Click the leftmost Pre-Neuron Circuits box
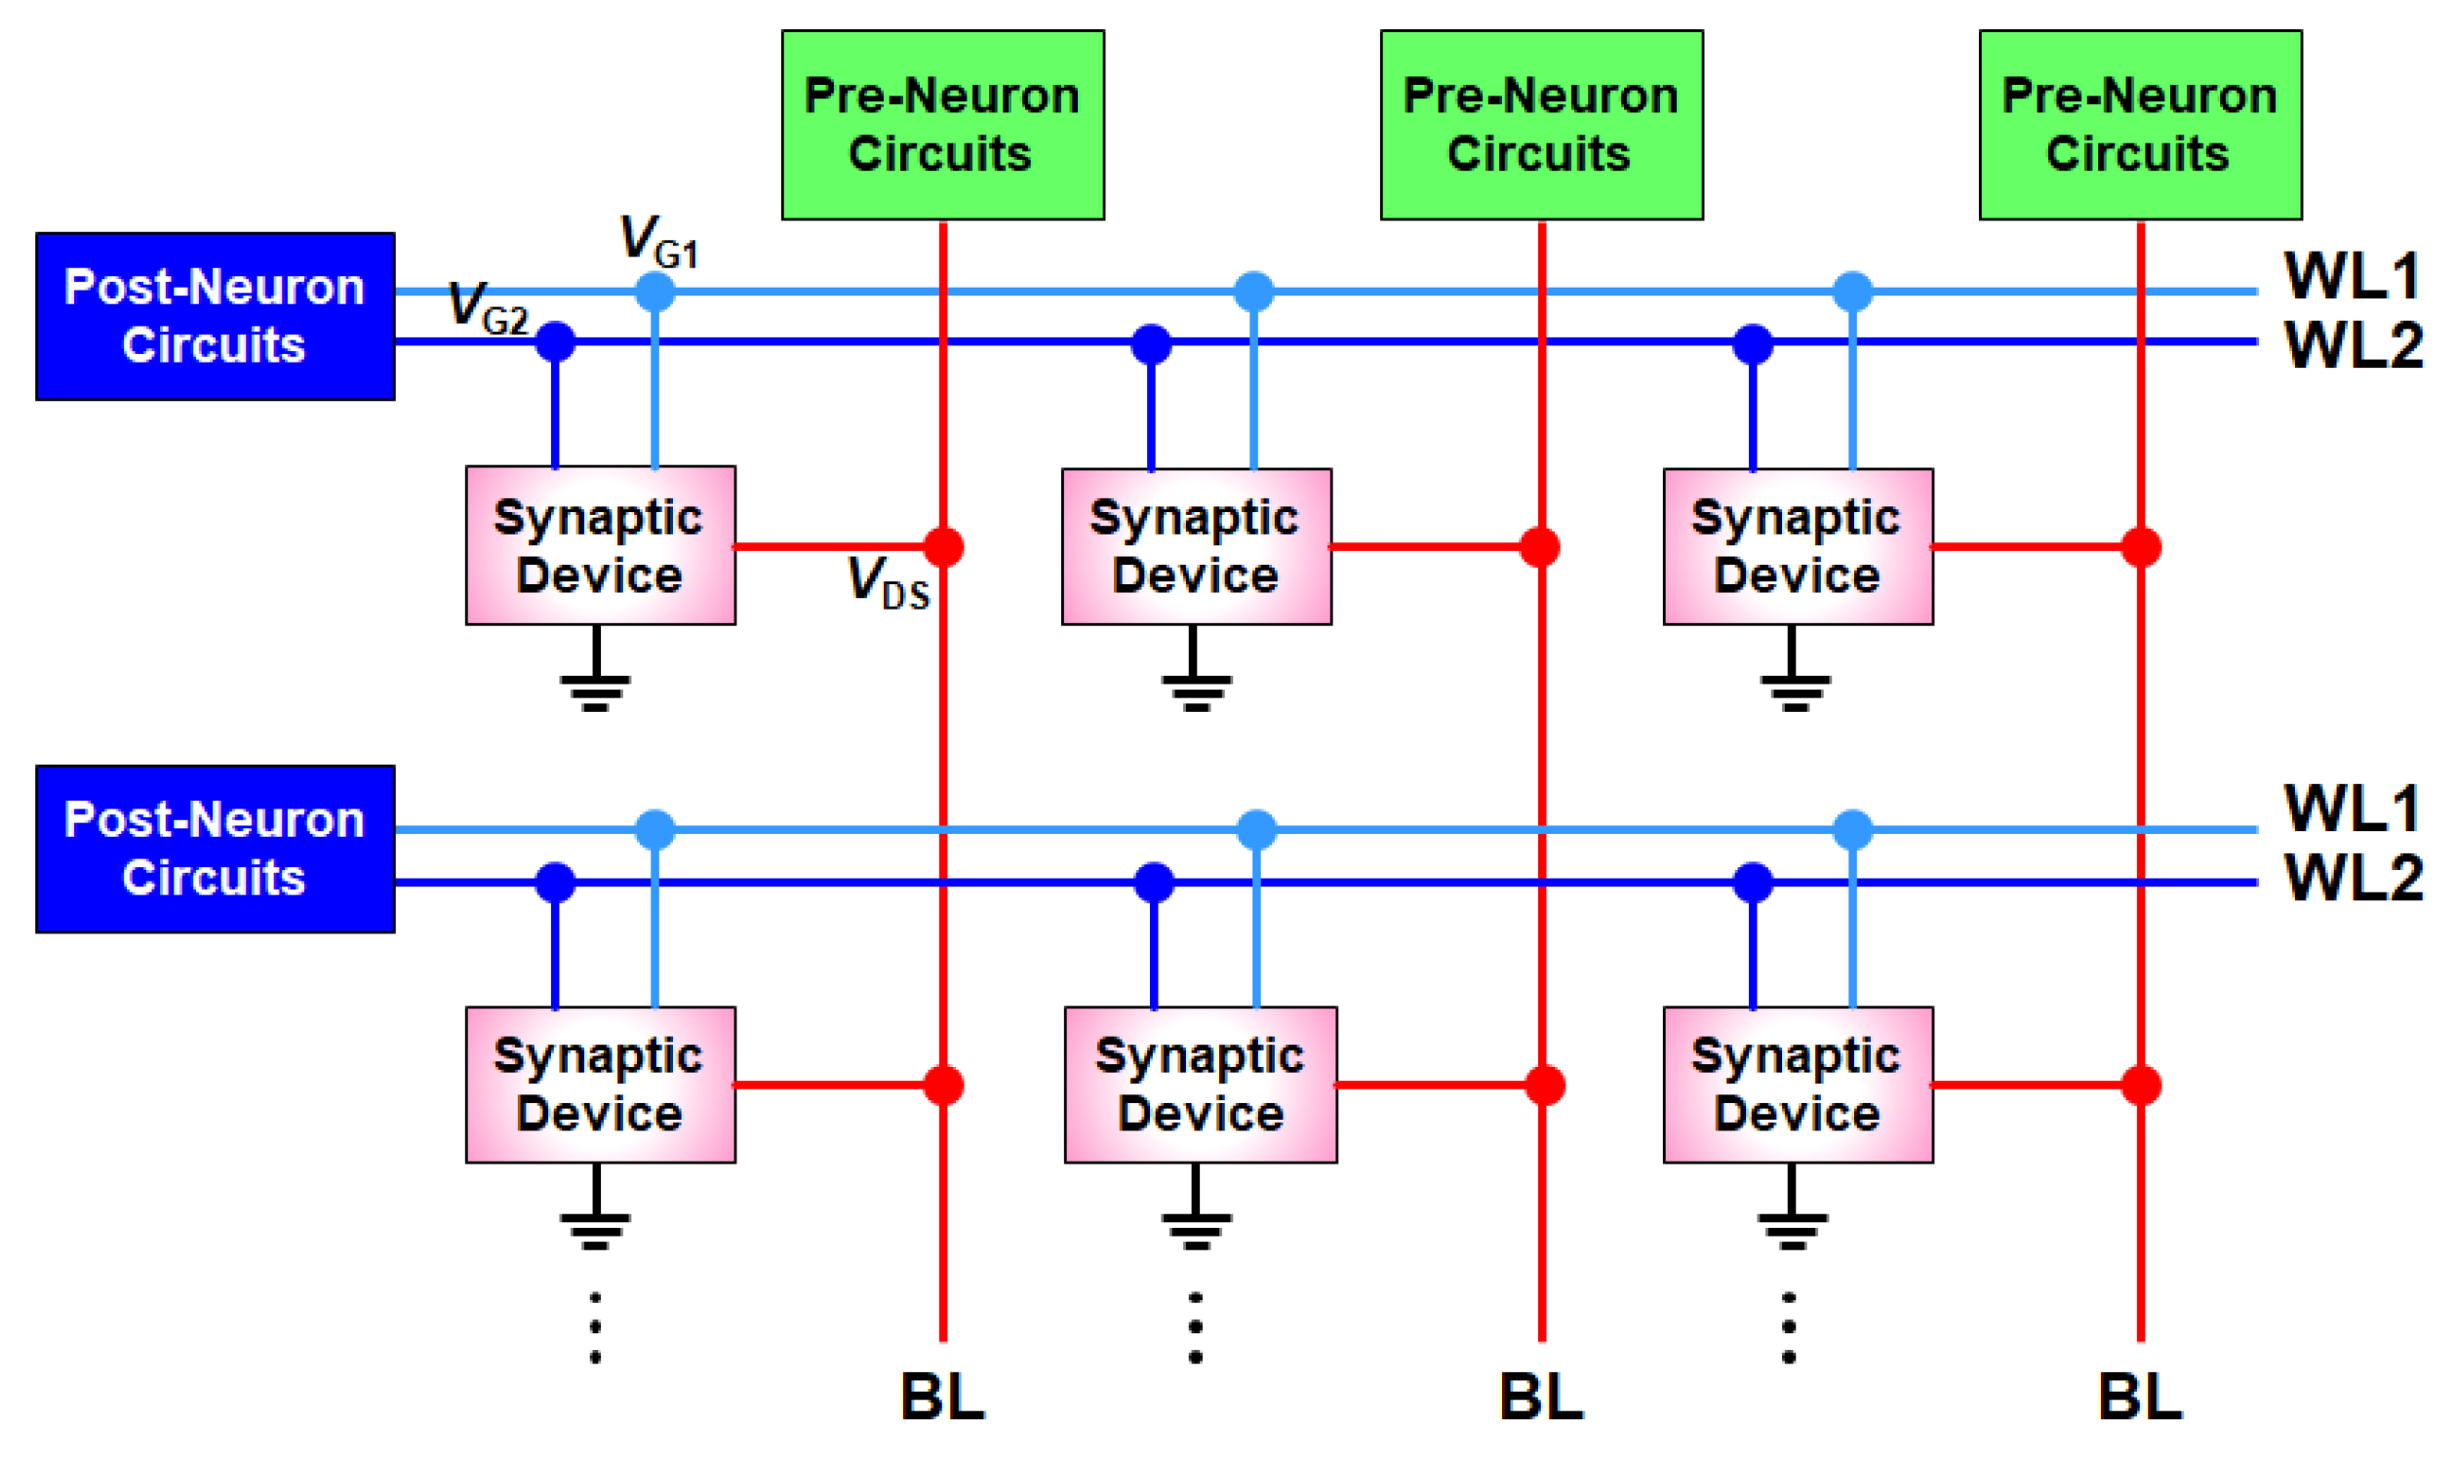point(942,125)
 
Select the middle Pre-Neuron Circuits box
point(1541,125)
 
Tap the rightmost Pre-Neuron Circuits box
point(2140,125)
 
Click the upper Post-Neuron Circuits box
point(215,316)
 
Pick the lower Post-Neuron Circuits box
point(215,849)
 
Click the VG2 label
point(487,307)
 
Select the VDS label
point(888,582)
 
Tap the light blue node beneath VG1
point(654,292)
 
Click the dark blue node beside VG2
point(555,342)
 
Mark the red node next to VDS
point(943,547)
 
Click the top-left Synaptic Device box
point(601,546)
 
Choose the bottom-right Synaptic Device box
point(1798,1085)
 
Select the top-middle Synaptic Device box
point(1196,547)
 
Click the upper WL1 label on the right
point(2352,277)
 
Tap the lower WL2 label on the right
point(2354,878)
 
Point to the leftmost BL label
point(942,1397)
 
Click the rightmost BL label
point(2140,1397)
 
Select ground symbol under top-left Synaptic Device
point(596,685)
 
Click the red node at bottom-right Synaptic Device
point(2141,1086)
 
